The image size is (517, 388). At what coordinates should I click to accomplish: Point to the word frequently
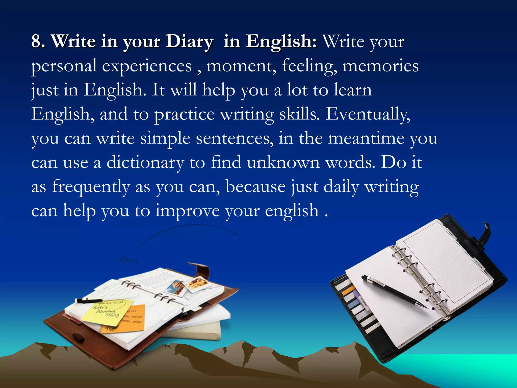91,187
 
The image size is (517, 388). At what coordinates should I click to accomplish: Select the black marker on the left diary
88,301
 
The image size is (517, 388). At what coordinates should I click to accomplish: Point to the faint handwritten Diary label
129,260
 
